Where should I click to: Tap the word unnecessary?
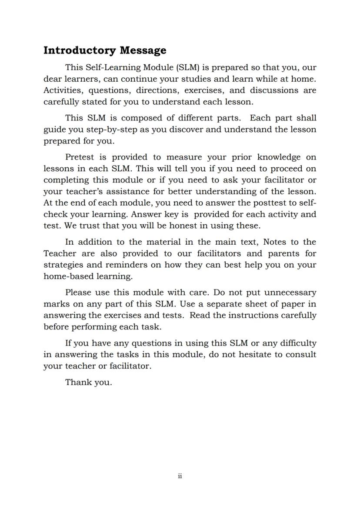(x=290, y=293)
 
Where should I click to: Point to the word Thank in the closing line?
(x=76, y=383)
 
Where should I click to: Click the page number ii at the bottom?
(x=180, y=476)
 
